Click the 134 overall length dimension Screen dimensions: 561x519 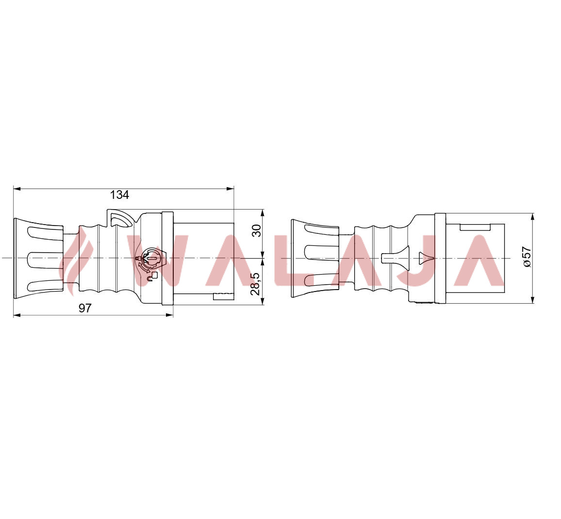click(x=119, y=195)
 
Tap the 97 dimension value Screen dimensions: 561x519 click(x=85, y=308)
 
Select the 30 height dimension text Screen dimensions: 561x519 click(x=256, y=231)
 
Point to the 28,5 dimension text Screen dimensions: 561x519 click(x=255, y=284)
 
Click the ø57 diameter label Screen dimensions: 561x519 click(x=527, y=257)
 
